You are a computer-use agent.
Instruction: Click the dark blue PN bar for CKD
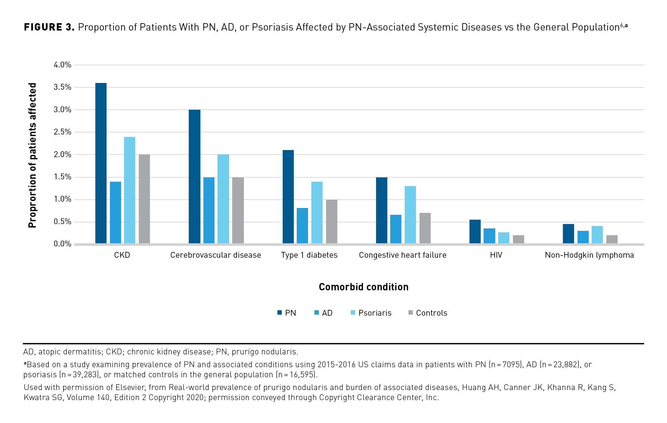tap(101, 163)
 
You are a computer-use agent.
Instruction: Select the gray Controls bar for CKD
tap(144, 199)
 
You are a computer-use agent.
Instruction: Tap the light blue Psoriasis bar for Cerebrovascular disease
tap(223, 199)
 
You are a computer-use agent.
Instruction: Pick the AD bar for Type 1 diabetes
tap(302, 226)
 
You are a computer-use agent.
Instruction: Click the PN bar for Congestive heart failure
tap(382, 210)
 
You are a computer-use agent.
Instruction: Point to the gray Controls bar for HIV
tap(518, 239)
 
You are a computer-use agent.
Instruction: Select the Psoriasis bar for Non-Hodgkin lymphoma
tap(597, 235)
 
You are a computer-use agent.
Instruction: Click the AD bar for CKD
tap(115, 213)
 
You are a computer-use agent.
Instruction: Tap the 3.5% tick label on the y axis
tap(63, 87)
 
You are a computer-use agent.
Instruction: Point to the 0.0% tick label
tap(63, 244)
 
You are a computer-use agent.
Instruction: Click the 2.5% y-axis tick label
tap(63, 132)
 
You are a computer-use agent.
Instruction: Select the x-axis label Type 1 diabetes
tap(309, 255)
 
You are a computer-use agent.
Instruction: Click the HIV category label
tap(496, 255)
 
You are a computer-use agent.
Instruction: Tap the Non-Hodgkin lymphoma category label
tap(589, 255)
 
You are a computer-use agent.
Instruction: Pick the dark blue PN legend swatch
tap(280, 312)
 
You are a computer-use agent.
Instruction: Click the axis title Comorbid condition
tap(364, 287)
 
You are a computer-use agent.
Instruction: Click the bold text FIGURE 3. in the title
tap(49, 27)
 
